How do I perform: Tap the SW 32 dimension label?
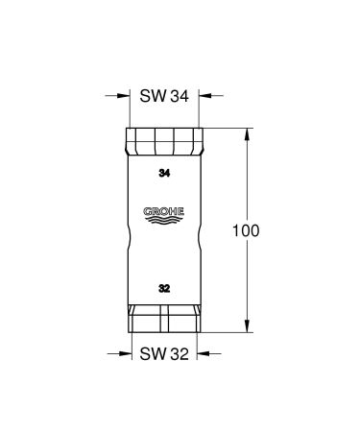click(163, 352)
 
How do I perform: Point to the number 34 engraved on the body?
click(163, 174)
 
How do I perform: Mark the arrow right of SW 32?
click(204, 352)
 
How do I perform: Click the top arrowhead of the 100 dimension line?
click(252, 132)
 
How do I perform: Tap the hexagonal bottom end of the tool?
click(163, 320)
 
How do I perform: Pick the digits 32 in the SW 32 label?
click(180, 352)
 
